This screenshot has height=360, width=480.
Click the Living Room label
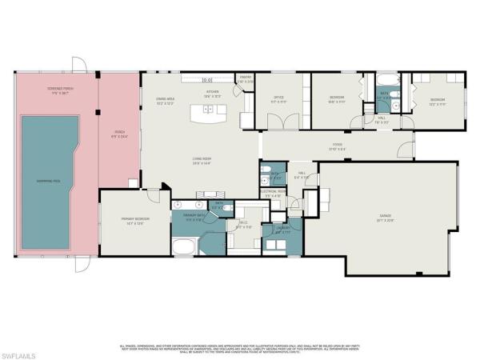[202, 161]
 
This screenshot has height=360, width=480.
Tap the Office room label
[277, 100]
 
